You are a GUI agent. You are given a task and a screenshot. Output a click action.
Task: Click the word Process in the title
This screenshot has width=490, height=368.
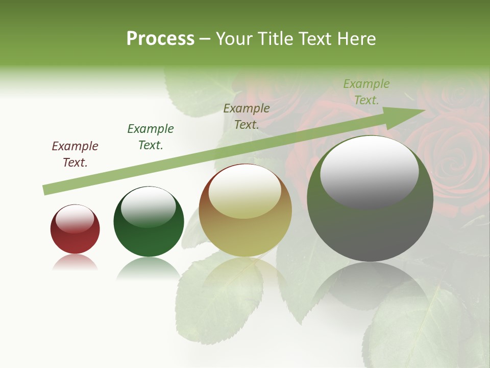(x=160, y=39)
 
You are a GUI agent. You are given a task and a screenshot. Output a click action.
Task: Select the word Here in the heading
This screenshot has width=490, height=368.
(x=357, y=39)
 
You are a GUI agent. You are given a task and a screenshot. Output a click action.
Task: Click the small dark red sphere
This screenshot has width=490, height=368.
(x=75, y=229)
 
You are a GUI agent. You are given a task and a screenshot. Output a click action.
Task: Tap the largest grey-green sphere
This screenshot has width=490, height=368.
(x=370, y=199)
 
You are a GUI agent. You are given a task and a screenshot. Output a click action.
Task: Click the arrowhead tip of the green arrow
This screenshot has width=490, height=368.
(x=424, y=110)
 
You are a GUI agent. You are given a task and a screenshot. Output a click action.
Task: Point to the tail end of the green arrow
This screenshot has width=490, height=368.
(x=45, y=190)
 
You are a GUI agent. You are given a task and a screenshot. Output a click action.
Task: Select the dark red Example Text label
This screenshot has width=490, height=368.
(x=75, y=154)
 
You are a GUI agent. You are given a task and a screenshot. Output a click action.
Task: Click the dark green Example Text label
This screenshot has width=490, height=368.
(x=151, y=136)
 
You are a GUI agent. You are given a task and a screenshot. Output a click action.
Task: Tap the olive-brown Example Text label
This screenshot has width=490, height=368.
(x=247, y=116)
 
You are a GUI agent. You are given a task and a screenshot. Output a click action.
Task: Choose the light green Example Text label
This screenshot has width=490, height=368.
(x=366, y=91)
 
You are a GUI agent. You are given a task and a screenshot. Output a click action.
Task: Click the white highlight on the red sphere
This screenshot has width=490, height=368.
(x=75, y=219)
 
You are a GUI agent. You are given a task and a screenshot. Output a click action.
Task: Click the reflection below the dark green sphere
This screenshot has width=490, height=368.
(x=149, y=267)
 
